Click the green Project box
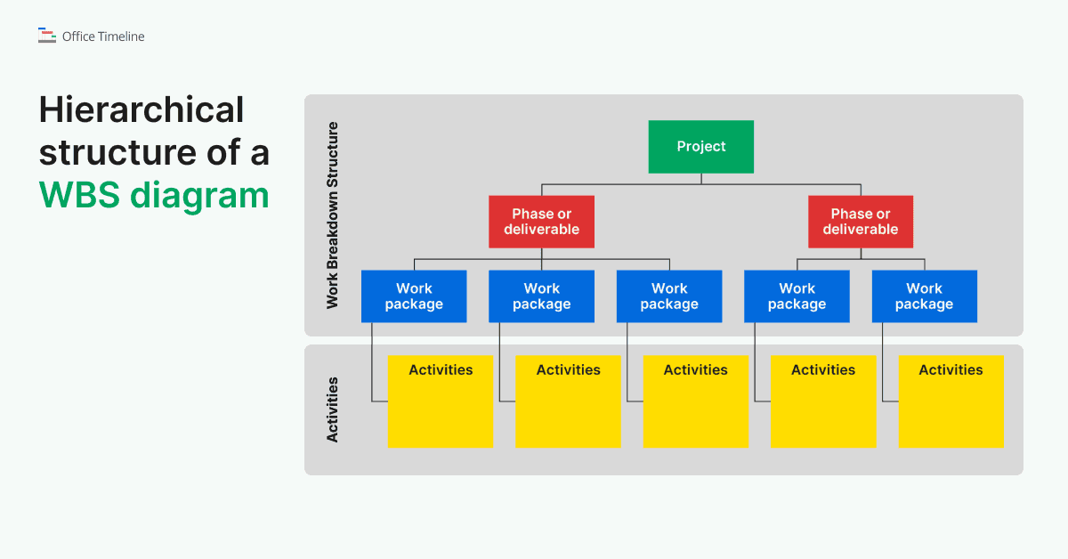tap(700, 147)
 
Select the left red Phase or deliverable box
tap(541, 222)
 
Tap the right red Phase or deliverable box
tap(860, 222)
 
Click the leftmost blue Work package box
tap(414, 296)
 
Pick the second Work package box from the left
tap(541, 296)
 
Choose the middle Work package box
tap(669, 296)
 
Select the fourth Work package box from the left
tap(797, 296)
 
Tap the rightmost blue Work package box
tap(924, 296)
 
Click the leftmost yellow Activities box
tap(440, 401)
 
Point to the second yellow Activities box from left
tap(568, 401)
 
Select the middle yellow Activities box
tap(695, 401)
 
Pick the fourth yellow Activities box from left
tap(822, 401)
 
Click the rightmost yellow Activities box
tap(951, 401)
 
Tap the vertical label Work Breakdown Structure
tap(333, 215)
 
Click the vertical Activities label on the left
tap(333, 409)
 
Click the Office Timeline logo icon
tap(47, 36)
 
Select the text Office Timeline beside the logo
tap(103, 36)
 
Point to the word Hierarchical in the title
tap(142, 110)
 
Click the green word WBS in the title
tap(79, 195)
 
